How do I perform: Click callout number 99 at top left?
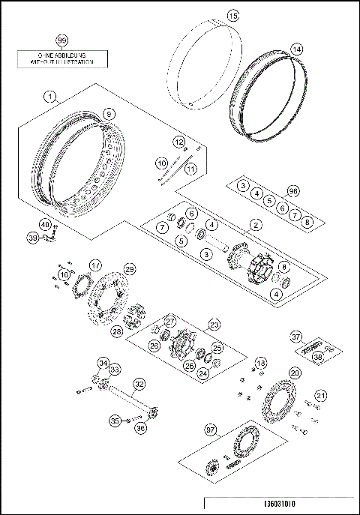pos(62,40)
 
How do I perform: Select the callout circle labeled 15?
pos(232,15)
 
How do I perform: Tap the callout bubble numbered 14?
pos(297,49)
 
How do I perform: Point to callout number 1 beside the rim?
pos(49,96)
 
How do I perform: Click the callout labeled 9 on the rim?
pos(109,113)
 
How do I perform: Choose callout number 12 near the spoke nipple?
pos(179,142)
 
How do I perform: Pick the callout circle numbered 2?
pos(256,224)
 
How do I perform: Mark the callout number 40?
pos(45,225)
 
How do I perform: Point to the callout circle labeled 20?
pos(295,373)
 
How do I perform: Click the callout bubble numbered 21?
pos(321,395)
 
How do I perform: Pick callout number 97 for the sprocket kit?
pos(211,430)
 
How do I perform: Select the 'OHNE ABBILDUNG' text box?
pos(62,59)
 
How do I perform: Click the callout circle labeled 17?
pos(95,265)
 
